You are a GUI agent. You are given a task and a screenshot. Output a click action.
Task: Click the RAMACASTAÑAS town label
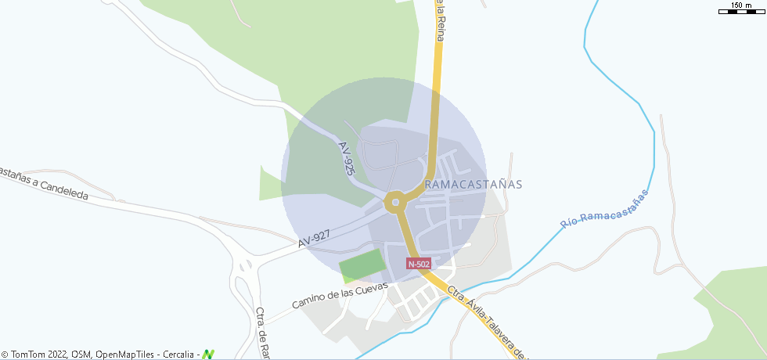473,184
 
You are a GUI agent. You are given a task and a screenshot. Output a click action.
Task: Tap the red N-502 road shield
419,264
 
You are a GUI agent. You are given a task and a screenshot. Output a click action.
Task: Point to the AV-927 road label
314,239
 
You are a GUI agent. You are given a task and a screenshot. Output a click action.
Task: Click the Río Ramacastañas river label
605,209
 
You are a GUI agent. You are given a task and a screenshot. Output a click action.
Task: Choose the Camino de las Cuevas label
340,295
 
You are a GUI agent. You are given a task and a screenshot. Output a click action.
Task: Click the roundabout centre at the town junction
395,203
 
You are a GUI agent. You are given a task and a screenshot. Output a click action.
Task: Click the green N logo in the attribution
207,355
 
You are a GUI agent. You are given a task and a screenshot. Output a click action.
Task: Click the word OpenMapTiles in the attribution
126,355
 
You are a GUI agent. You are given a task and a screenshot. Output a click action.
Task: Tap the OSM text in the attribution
81,355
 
